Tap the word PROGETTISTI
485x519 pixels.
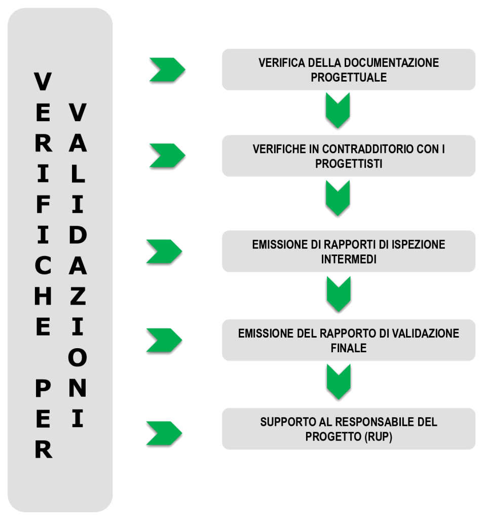pos(349,164)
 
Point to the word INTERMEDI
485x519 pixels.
pos(349,259)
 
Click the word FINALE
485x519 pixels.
pos(349,348)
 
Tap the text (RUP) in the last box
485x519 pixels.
pos(376,437)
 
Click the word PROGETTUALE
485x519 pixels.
pos(349,78)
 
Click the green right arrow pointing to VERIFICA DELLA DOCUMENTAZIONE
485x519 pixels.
pos(167,70)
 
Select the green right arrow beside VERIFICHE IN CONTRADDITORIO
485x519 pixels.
pos(167,156)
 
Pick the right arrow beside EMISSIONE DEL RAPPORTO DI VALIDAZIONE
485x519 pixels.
pos(164,340)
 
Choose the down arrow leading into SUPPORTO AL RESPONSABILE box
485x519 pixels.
pos(338,383)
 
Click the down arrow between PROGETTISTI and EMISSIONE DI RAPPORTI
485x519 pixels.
pos(338,199)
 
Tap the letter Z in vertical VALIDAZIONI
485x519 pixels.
pos(77,296)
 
